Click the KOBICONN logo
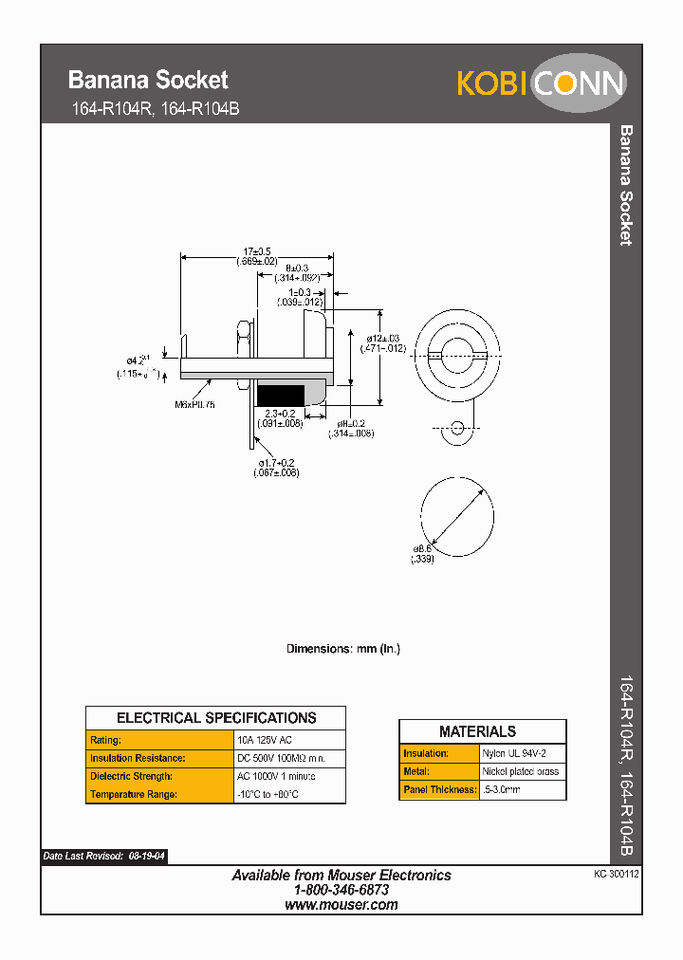click(541, 83)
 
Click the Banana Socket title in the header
click(148, 80)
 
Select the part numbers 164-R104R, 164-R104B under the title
click(156, 109)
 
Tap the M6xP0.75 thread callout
click(194, 404)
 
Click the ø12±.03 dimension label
click(384, 338)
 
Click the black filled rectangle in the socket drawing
click(280, 394)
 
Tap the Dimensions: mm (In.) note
click(343, 649)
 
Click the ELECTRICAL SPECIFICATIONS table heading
click(215, 718)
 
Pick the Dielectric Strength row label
click(131, 777)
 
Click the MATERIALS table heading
click(478, 731)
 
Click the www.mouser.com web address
click(341, 905)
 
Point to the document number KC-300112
click(617, 876)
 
